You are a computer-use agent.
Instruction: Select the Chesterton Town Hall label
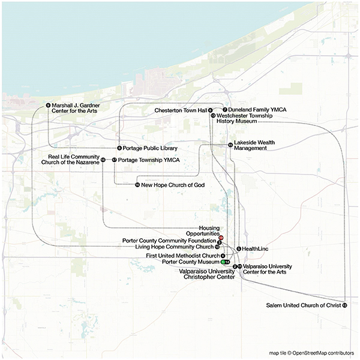pyautogui.click(x=180, y=110)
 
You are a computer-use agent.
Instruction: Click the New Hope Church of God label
pyautogui.click(x=173, y=185)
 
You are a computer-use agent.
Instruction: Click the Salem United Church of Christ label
pyautogui.click(x=303, y=305)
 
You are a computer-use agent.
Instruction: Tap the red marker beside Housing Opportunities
pyautogui.click(x=221, y=238)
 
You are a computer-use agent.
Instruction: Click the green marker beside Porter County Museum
pyautogui.click(x=223, y=262)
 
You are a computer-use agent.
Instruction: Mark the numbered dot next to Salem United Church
pyautogui.click(x=344, y=305)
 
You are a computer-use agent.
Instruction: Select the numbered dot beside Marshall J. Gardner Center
pyautogui.click(x=47, y=106)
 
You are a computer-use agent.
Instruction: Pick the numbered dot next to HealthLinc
pyautogui.click(x=238, y=248)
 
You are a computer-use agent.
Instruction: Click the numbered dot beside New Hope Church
pyautogui.click(x=137, y=185)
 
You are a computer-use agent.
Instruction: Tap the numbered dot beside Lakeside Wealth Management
pyautogui.click(x=230, y=145)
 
